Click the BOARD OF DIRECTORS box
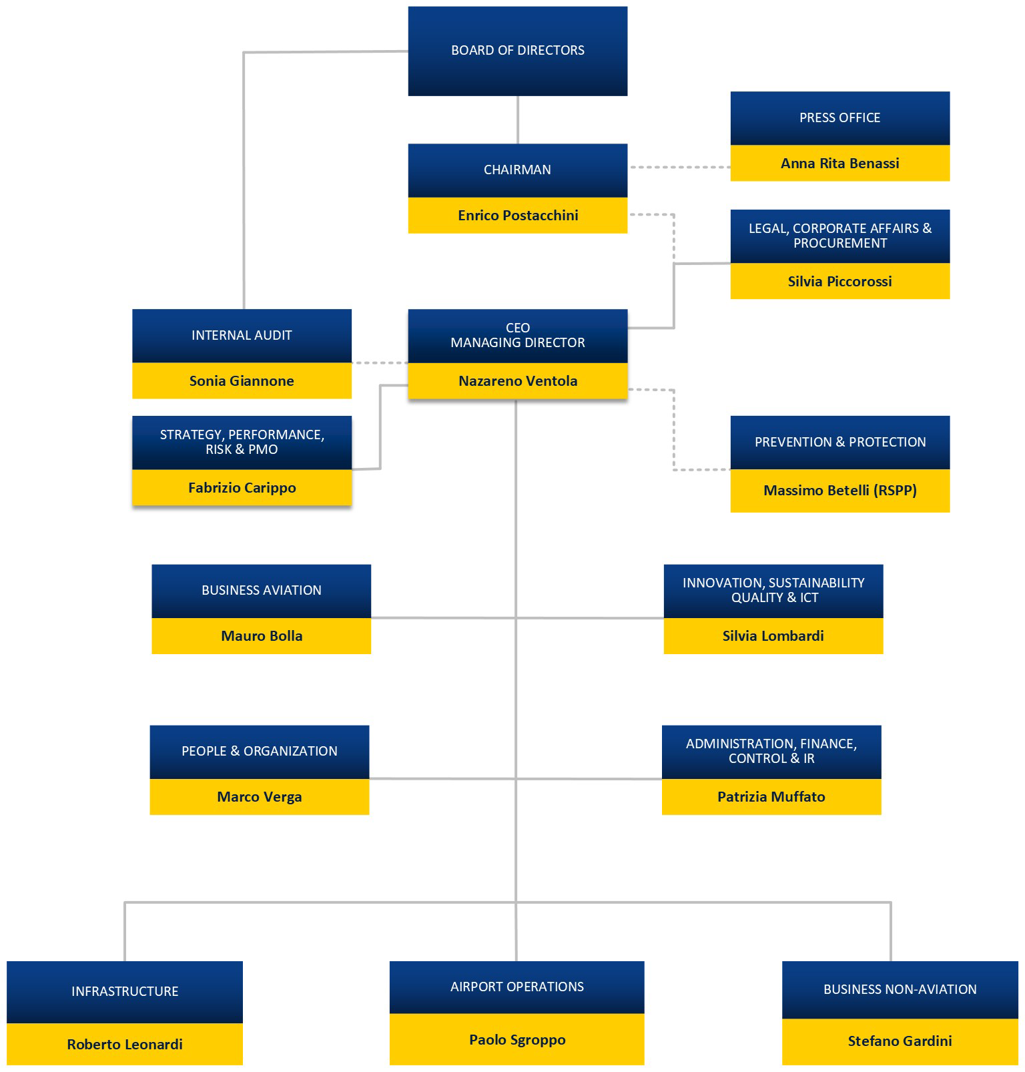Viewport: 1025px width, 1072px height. (517, 51)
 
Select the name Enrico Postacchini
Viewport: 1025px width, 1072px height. (518, 216)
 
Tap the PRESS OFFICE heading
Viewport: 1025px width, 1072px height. (839, 118)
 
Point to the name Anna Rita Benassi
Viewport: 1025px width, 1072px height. (839, 164)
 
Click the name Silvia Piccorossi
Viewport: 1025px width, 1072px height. (839, 282)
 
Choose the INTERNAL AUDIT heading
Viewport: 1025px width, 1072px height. (242, 336)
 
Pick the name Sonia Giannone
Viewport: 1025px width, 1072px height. (242, 381)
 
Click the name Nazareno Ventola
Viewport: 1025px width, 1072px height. (518, 381)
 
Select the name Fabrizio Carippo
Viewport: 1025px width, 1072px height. (242, 488)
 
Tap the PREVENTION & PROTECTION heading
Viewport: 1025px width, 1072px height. (839, 442)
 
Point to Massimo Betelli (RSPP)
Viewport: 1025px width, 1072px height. (839, 491)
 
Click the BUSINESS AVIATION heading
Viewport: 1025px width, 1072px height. (262, 591)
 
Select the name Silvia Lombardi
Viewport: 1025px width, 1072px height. (773, 636)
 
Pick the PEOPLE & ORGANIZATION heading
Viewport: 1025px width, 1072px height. (259, 752)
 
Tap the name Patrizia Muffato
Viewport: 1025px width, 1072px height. (771, 797)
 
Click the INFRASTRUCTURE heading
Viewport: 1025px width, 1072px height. (125, 992)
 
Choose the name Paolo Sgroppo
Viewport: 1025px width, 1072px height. (517, 1040)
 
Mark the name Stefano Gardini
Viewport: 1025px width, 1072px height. (900, 1041)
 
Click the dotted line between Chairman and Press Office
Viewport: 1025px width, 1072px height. (679, 167)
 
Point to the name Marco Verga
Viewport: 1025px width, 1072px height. (259, 797)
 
